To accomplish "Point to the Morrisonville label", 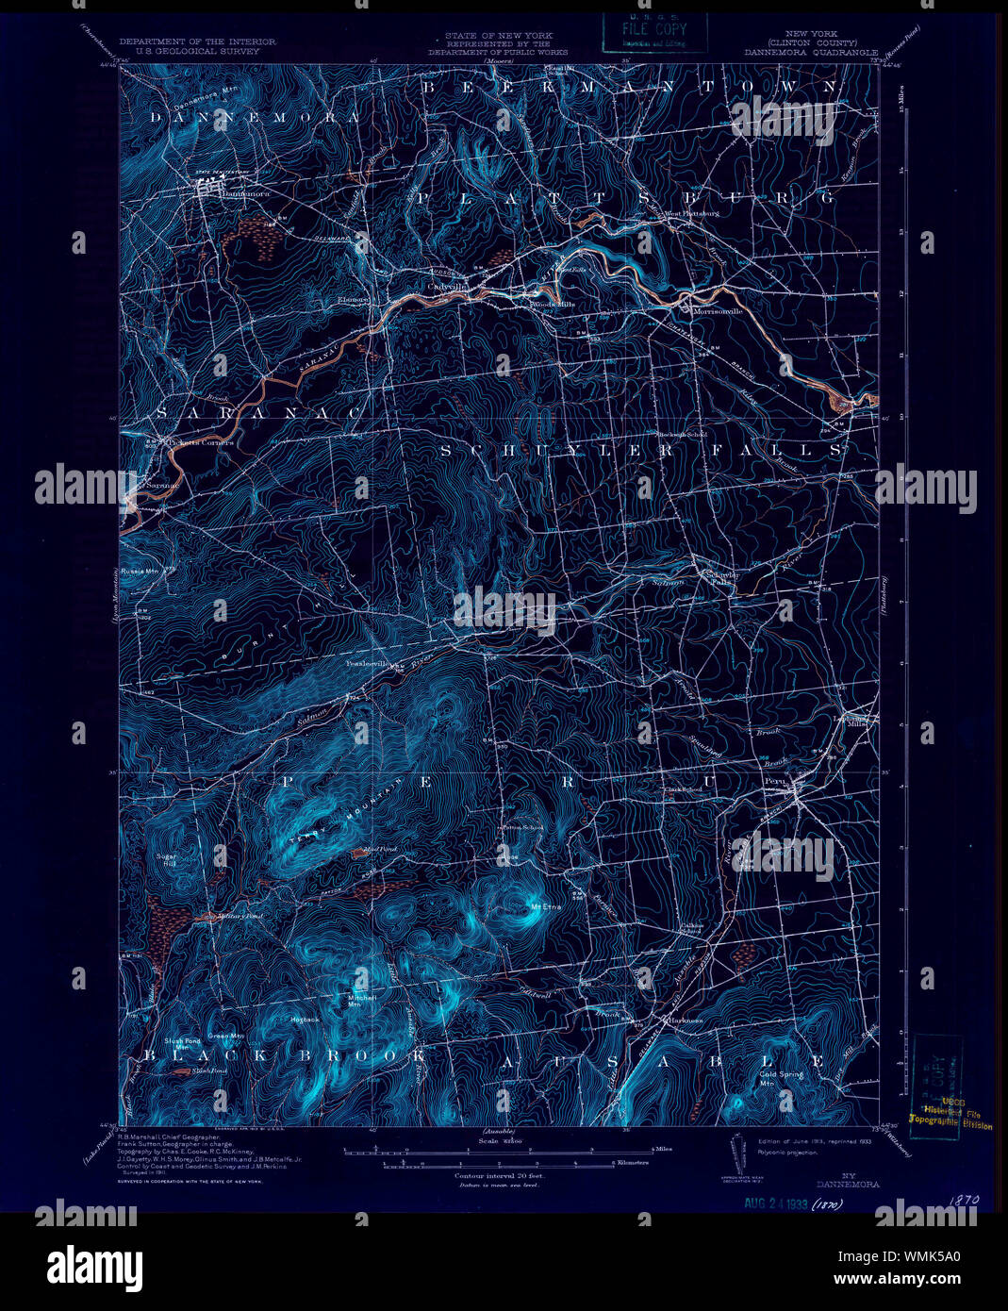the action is coord(717,310).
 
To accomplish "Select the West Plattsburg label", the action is coord(692,213).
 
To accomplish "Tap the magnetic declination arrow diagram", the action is coord(737,1153).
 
